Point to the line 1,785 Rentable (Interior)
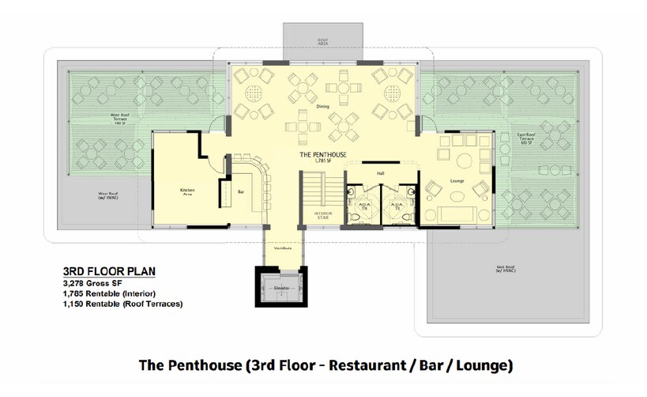point(111,293)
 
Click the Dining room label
point(323,106)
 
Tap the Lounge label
point(456,181)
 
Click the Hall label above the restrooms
point(381,172)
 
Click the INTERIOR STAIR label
point(322,215)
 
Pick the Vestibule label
point(284,248)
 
